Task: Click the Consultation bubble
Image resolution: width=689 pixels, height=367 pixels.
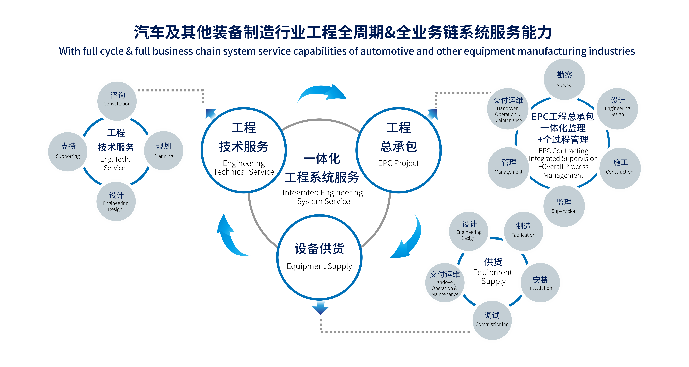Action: click(117, 101)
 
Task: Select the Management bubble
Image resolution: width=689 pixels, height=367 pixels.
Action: click(508, 168)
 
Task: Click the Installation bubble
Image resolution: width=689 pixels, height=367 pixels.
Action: click(540, 283)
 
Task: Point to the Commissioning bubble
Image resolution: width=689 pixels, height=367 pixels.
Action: click(492, 320)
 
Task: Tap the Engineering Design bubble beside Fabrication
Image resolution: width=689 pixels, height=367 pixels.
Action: click(469, 231)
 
